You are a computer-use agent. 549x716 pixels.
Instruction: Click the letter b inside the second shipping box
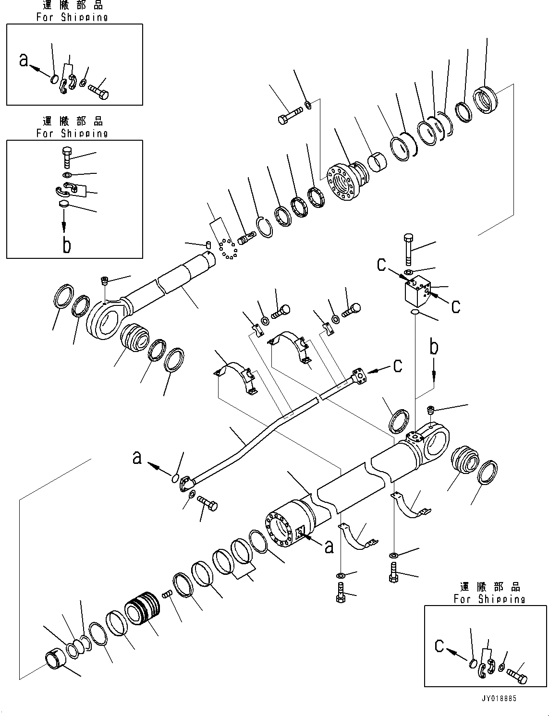67,245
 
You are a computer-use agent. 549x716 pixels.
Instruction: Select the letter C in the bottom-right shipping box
439,646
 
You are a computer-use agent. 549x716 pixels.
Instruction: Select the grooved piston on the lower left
141,610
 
